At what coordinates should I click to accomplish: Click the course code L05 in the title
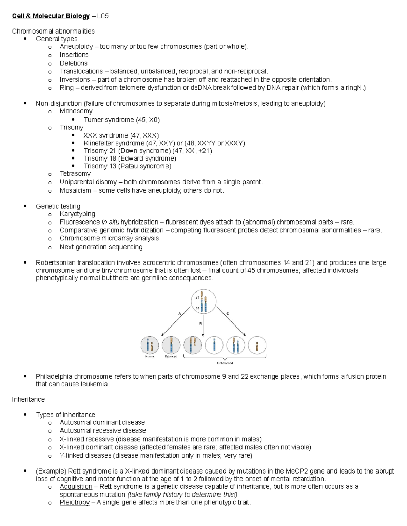pyautogui.click(x=103, y=16)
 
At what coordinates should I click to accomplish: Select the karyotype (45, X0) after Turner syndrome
pyautogui.click(x=148, y=120)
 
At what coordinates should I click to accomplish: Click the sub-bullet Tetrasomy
pyautogui.click(x=75, y=174)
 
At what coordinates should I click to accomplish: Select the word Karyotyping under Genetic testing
pyautogui.click(x=77, y=214)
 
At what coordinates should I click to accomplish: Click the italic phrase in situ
pyautogui.click(x=110, y=222)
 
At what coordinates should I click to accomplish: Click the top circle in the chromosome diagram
pyautogui.click(x=203, y=301)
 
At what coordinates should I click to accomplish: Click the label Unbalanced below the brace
pyautogui.click(x=225, y=363)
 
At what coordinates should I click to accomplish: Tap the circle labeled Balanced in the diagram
pyautogui.click(x=171, y=345)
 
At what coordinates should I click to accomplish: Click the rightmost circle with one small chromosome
pyautogui.click(x=257, y=345)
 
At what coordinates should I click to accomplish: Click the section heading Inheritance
pyautogui.click(x=28, y=399)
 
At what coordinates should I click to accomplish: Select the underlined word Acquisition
pyautogui.click(x=76, y=486)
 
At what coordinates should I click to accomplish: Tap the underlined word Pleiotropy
pyautogui.click(x=74, y=502)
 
